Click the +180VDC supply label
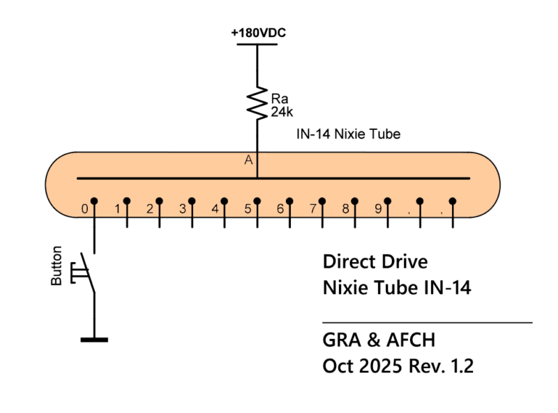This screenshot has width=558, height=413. [258, 33]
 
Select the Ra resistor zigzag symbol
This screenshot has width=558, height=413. [258, 103]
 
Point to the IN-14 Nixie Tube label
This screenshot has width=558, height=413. [349, 133]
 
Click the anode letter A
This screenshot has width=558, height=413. [248, 160]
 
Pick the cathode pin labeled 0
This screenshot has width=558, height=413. [93, 202]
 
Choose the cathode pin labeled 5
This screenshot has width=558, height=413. [257, 202]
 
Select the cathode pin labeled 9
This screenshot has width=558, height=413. [387, 202]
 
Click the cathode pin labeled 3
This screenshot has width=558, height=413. [191, 202]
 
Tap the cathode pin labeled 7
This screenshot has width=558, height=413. [322, 202]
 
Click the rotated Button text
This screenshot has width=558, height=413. [57, 266]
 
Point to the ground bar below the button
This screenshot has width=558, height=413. [94, 340]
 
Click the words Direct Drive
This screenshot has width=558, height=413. [375, 263]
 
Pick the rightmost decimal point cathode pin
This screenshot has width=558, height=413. [453, 202]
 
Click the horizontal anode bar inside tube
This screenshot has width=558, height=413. [174, 177]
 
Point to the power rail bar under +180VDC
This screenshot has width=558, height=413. [257, 45]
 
